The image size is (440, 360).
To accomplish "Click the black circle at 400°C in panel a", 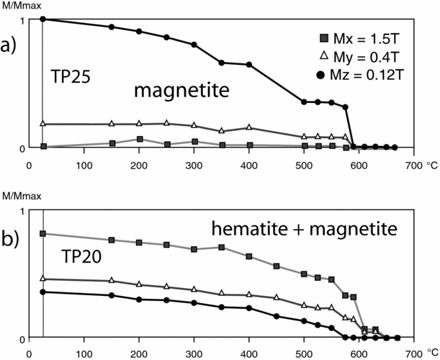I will (249, 65).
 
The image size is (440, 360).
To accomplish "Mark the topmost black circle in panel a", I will (43, 19).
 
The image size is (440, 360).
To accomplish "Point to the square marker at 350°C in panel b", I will (222, 248).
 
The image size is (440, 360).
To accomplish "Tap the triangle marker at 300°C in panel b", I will (194, 289).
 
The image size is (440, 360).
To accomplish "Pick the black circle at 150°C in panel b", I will (112, 295).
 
